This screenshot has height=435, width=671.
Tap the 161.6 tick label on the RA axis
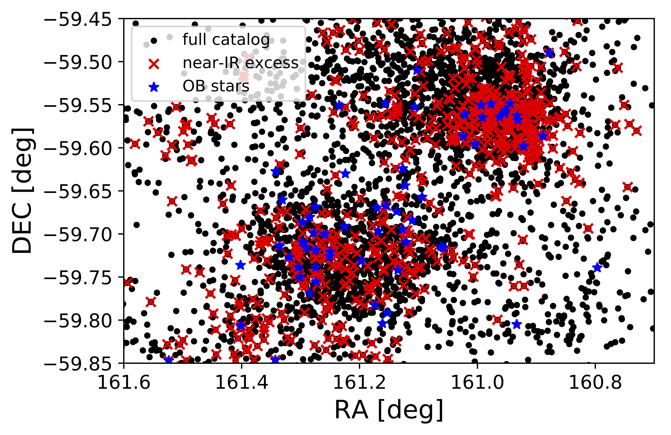(x=124, y=383)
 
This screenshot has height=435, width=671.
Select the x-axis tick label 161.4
(x=242, y=383)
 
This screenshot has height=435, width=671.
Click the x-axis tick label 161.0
(x=477, y=383)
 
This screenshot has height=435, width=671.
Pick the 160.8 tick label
(x=595, y=383)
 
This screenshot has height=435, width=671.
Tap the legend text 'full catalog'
(x=226, y=39)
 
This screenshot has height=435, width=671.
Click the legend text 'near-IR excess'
(x=240, y=63)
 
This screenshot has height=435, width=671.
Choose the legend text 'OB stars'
(x=216, y=86)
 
